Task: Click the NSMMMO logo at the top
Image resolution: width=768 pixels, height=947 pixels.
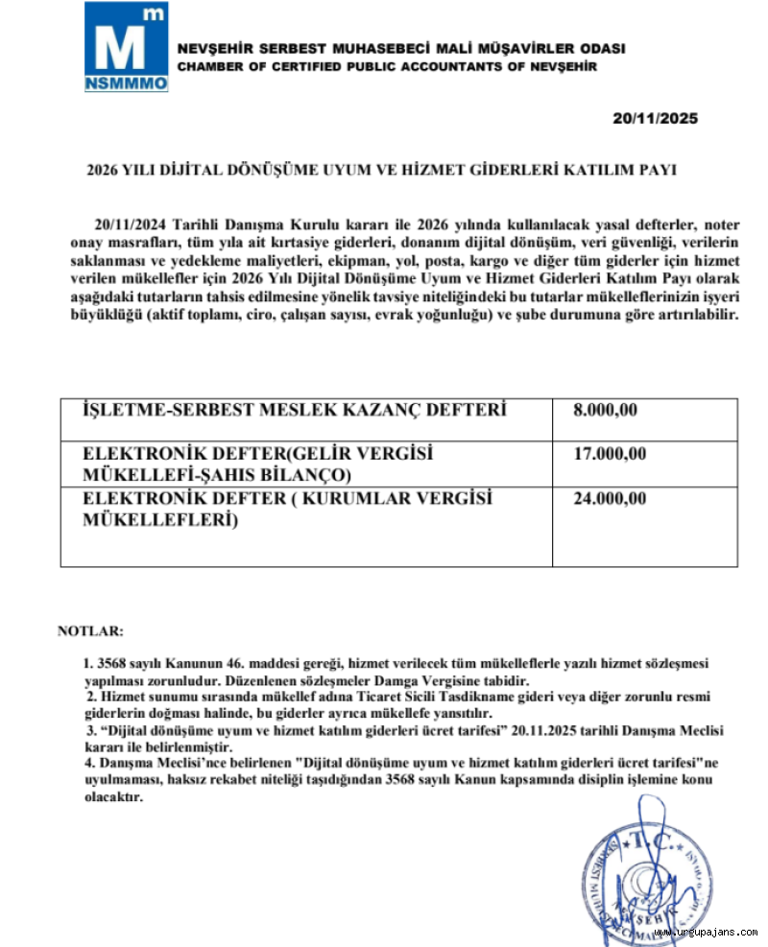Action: [x=126, y=47]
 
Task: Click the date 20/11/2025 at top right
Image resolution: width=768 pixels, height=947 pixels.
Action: [x=656, y=119]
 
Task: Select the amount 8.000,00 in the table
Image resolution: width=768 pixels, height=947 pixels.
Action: [x=606, y=411]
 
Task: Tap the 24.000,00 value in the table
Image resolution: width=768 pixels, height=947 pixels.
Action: [x=610, y=499]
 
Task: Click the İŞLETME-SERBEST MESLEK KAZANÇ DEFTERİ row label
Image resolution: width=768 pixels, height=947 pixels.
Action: [x=295, y=411]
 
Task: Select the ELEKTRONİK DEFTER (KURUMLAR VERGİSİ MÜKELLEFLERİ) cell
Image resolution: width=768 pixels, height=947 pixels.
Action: [x=287, y=509]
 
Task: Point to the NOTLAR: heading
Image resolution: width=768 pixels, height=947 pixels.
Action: [x=90, y=631]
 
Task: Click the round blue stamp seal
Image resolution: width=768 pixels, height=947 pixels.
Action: [x=649, y=879]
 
